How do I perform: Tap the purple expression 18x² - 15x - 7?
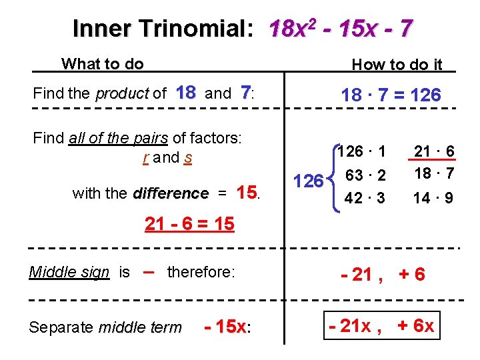click(340, 29)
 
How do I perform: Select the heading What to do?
click(102, 64)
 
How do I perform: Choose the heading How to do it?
click(397, 64)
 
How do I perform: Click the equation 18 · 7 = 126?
click(390, 95)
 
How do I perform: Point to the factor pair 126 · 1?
click(361, 152)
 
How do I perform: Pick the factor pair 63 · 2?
click(365, 175)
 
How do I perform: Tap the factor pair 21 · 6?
click(433, 152)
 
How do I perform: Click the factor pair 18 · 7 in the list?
click(433, 175)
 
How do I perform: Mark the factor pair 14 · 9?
click(433, 198)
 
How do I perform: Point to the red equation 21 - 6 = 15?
click(189, 225)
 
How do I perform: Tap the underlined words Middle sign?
click(69, 272)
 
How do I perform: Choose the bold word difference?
click(171, 194)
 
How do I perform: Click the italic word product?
click(122, 94)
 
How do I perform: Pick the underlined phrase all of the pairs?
click(119, 139)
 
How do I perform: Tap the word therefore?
click(201, 272)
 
